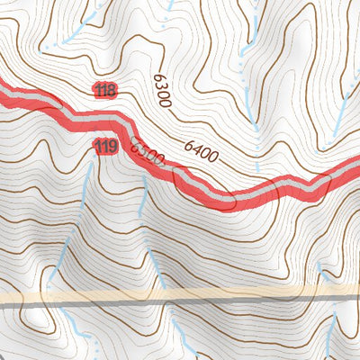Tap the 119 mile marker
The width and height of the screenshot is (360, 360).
tap(106, 147)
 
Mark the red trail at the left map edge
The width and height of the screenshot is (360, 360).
tap(4, 92)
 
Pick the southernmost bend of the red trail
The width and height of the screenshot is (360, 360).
tap(220, 199)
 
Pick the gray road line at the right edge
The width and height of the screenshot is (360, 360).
tap(355, 292)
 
